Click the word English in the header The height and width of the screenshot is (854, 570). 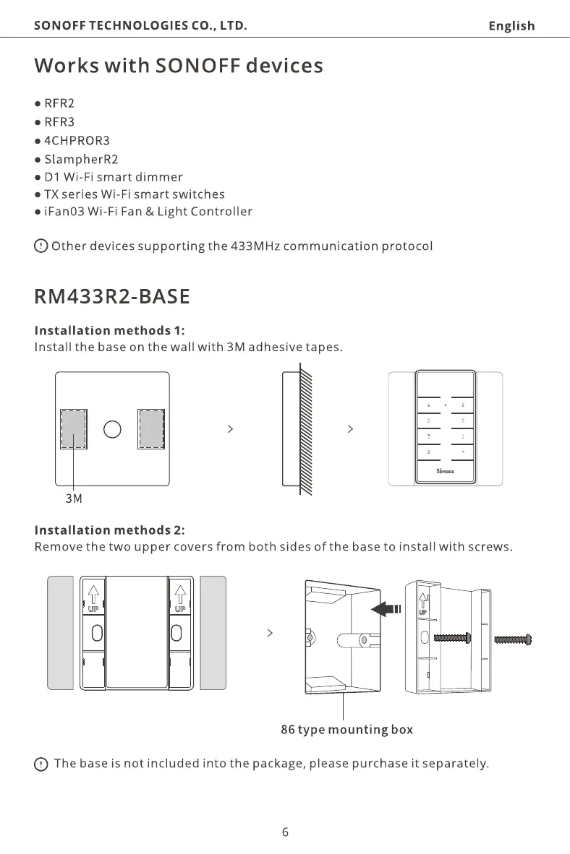pyautogui.click(x=511, y=26)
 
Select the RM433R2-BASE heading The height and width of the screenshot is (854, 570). pyautogui.click(x=112, y=297)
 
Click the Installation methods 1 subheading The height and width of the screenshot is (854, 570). pyautogui.click(x=110, y=331)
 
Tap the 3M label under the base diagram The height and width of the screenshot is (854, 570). pyautogui.click(x=74, y=499)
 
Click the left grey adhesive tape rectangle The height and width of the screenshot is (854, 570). pyautogui.click(x=74, y=429)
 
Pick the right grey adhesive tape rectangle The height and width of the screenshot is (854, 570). pyautogui.click(x=151, y=429)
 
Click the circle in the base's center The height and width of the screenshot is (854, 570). pyautogui.click(x=112, y=429)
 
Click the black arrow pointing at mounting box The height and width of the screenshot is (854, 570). pyautogui.click(x=384, y=610)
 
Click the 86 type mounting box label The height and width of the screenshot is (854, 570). pyautogui.click(x=346, y=730)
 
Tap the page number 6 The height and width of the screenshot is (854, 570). pyautogui.click(x=285, y=832)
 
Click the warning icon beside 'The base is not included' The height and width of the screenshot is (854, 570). pyautogui.click(x=41, y=764)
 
